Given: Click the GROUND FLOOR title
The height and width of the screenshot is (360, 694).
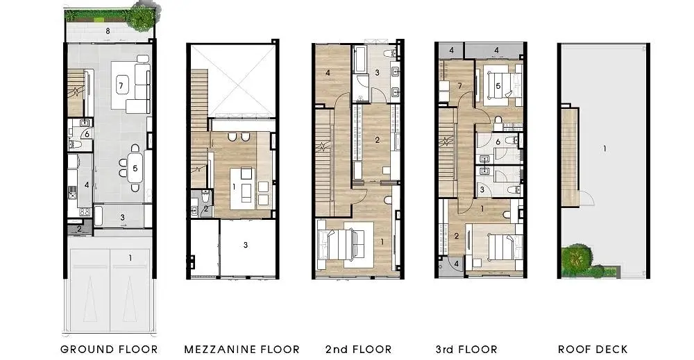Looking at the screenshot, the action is tap(109, 350).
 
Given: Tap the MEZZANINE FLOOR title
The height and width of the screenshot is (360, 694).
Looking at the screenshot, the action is tap(242, 350).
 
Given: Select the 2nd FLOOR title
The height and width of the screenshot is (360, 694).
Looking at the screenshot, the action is tap(359, 350).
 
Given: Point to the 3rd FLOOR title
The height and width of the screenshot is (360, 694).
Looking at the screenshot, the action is tap(466, 350).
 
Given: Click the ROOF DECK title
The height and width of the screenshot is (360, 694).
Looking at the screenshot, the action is tap(593, 350).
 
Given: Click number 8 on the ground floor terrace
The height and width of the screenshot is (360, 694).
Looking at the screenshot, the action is tap(108, 31).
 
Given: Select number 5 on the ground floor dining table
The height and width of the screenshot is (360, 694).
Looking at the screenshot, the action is tap(135, 168).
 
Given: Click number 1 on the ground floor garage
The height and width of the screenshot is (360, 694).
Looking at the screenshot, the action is tap(130, 257).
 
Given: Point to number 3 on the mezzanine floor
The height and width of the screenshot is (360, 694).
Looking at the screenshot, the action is tap(246, 245).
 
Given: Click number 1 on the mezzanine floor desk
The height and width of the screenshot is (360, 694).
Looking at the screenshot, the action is tap(234, 187).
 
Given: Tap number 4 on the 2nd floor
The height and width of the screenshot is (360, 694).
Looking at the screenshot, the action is tap(328, 73).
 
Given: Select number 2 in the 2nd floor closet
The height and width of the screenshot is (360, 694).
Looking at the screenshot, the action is tap(377, 140).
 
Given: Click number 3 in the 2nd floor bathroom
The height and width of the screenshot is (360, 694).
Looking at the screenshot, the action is tap(377, 73).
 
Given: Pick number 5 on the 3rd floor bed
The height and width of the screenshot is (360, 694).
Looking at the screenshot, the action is tap(498, 86).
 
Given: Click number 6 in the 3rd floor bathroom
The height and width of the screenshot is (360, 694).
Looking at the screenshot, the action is tap(498, 142).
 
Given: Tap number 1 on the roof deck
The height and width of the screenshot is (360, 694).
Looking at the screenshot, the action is tap(604, 149).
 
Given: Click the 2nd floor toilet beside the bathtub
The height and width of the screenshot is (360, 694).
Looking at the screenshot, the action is tap(389, 53).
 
